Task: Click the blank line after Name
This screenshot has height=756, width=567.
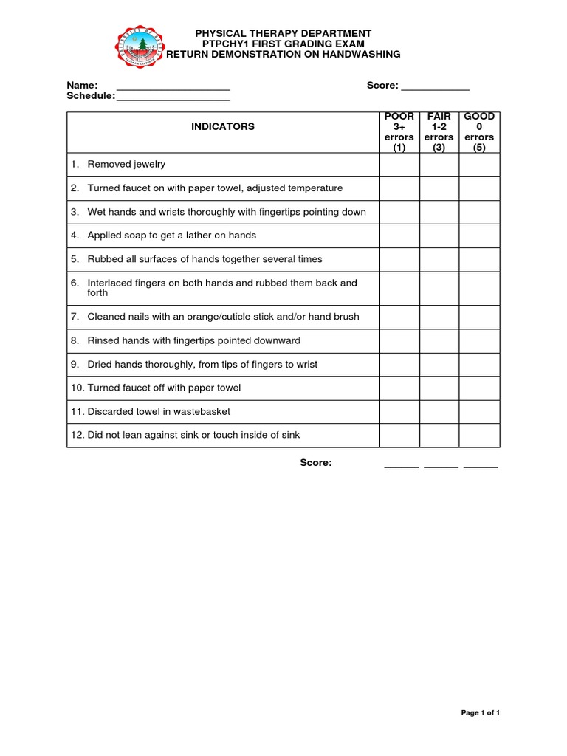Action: pyautogui.click(x=173, y=87)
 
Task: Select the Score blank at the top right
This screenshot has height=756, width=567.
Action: pyautogui.click(x=435, y=87)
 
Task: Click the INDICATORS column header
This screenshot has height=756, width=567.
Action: pyautogui.click(x=223, y=127)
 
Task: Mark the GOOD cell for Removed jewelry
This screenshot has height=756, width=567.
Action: pyautogui.click(x=479, y=165)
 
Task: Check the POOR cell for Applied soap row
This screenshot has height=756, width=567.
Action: pyautogui.click(x=399, y=236)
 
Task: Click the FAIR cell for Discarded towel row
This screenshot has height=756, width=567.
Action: pyautogui.click(x=439, y=411)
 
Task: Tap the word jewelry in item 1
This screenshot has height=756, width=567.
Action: pyautogui.click(x=148, y=165)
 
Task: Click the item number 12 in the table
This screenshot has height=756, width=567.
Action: pyautogui.click(x=77, y=435)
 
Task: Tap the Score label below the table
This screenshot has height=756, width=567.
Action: pyautogui.click(x=315, y=463)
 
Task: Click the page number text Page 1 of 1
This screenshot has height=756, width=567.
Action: pyautogui.click(x=481, y=713)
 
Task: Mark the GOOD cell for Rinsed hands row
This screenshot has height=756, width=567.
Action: pyautogui.click(x=479, y=340)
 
